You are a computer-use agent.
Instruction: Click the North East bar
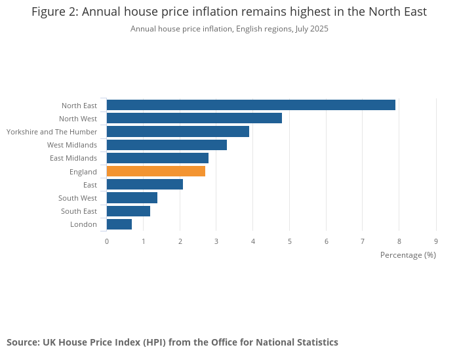pos(250,105)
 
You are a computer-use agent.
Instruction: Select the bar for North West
pos(194,118)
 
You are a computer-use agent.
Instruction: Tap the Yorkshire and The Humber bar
pos(178,131)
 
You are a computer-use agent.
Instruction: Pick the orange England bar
pos(156,171)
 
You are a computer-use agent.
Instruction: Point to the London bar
pos(119,224)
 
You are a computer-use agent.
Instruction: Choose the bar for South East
pos(129,211)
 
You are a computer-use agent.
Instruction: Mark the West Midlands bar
pos(167,145)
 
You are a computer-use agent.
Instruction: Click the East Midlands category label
pos(73,158)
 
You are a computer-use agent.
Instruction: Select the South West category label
pos(77,198)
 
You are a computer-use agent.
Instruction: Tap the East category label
pos(90,185)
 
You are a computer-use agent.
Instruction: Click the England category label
pos(83,172)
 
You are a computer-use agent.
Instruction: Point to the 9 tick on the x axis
pos(436,241)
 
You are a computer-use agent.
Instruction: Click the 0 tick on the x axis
pos(107,241)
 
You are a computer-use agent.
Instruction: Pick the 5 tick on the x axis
pos(290,241)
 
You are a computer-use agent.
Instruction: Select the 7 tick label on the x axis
pos(363,241)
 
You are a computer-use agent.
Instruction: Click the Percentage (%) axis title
pos(408,254)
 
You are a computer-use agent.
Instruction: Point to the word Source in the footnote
pos(22,342)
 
